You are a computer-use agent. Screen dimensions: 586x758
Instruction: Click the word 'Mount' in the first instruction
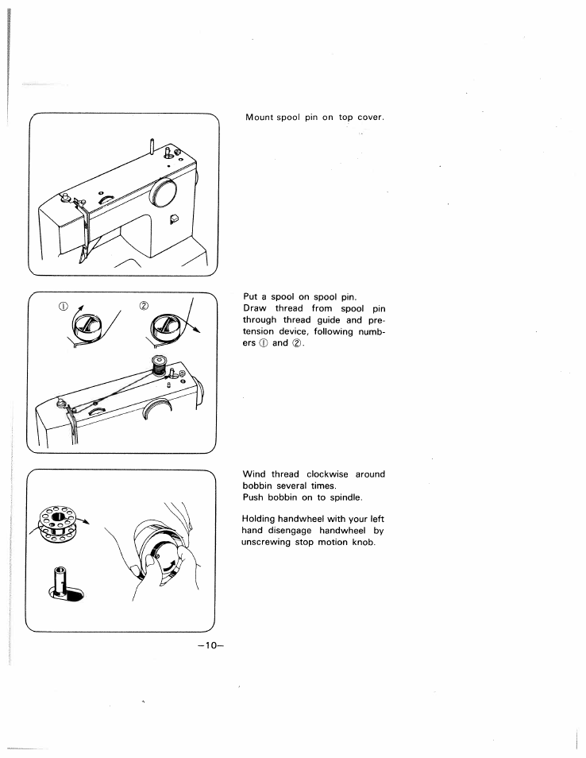point(260,118)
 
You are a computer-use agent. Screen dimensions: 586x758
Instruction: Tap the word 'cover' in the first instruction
point(369,118)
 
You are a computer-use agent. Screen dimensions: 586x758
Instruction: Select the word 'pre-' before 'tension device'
point(375,320)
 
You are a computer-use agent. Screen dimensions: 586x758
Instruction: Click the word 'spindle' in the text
point(342,497)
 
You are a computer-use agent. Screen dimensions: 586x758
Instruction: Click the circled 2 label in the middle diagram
point(145,305)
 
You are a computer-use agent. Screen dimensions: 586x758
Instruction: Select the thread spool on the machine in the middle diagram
point(160,366)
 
